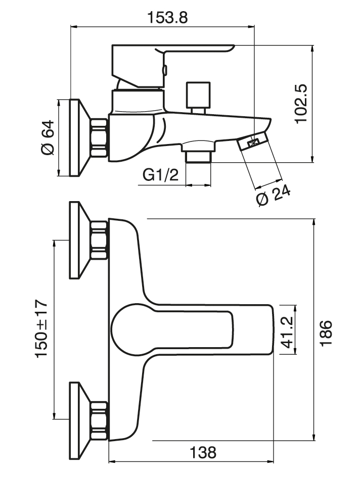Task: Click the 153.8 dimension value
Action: click(167, 17)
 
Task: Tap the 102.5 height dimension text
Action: click(301, 104)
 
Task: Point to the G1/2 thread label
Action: click(160, 175)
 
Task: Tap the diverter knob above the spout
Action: click(198, 94)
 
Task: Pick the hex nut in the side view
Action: click(99, 137)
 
